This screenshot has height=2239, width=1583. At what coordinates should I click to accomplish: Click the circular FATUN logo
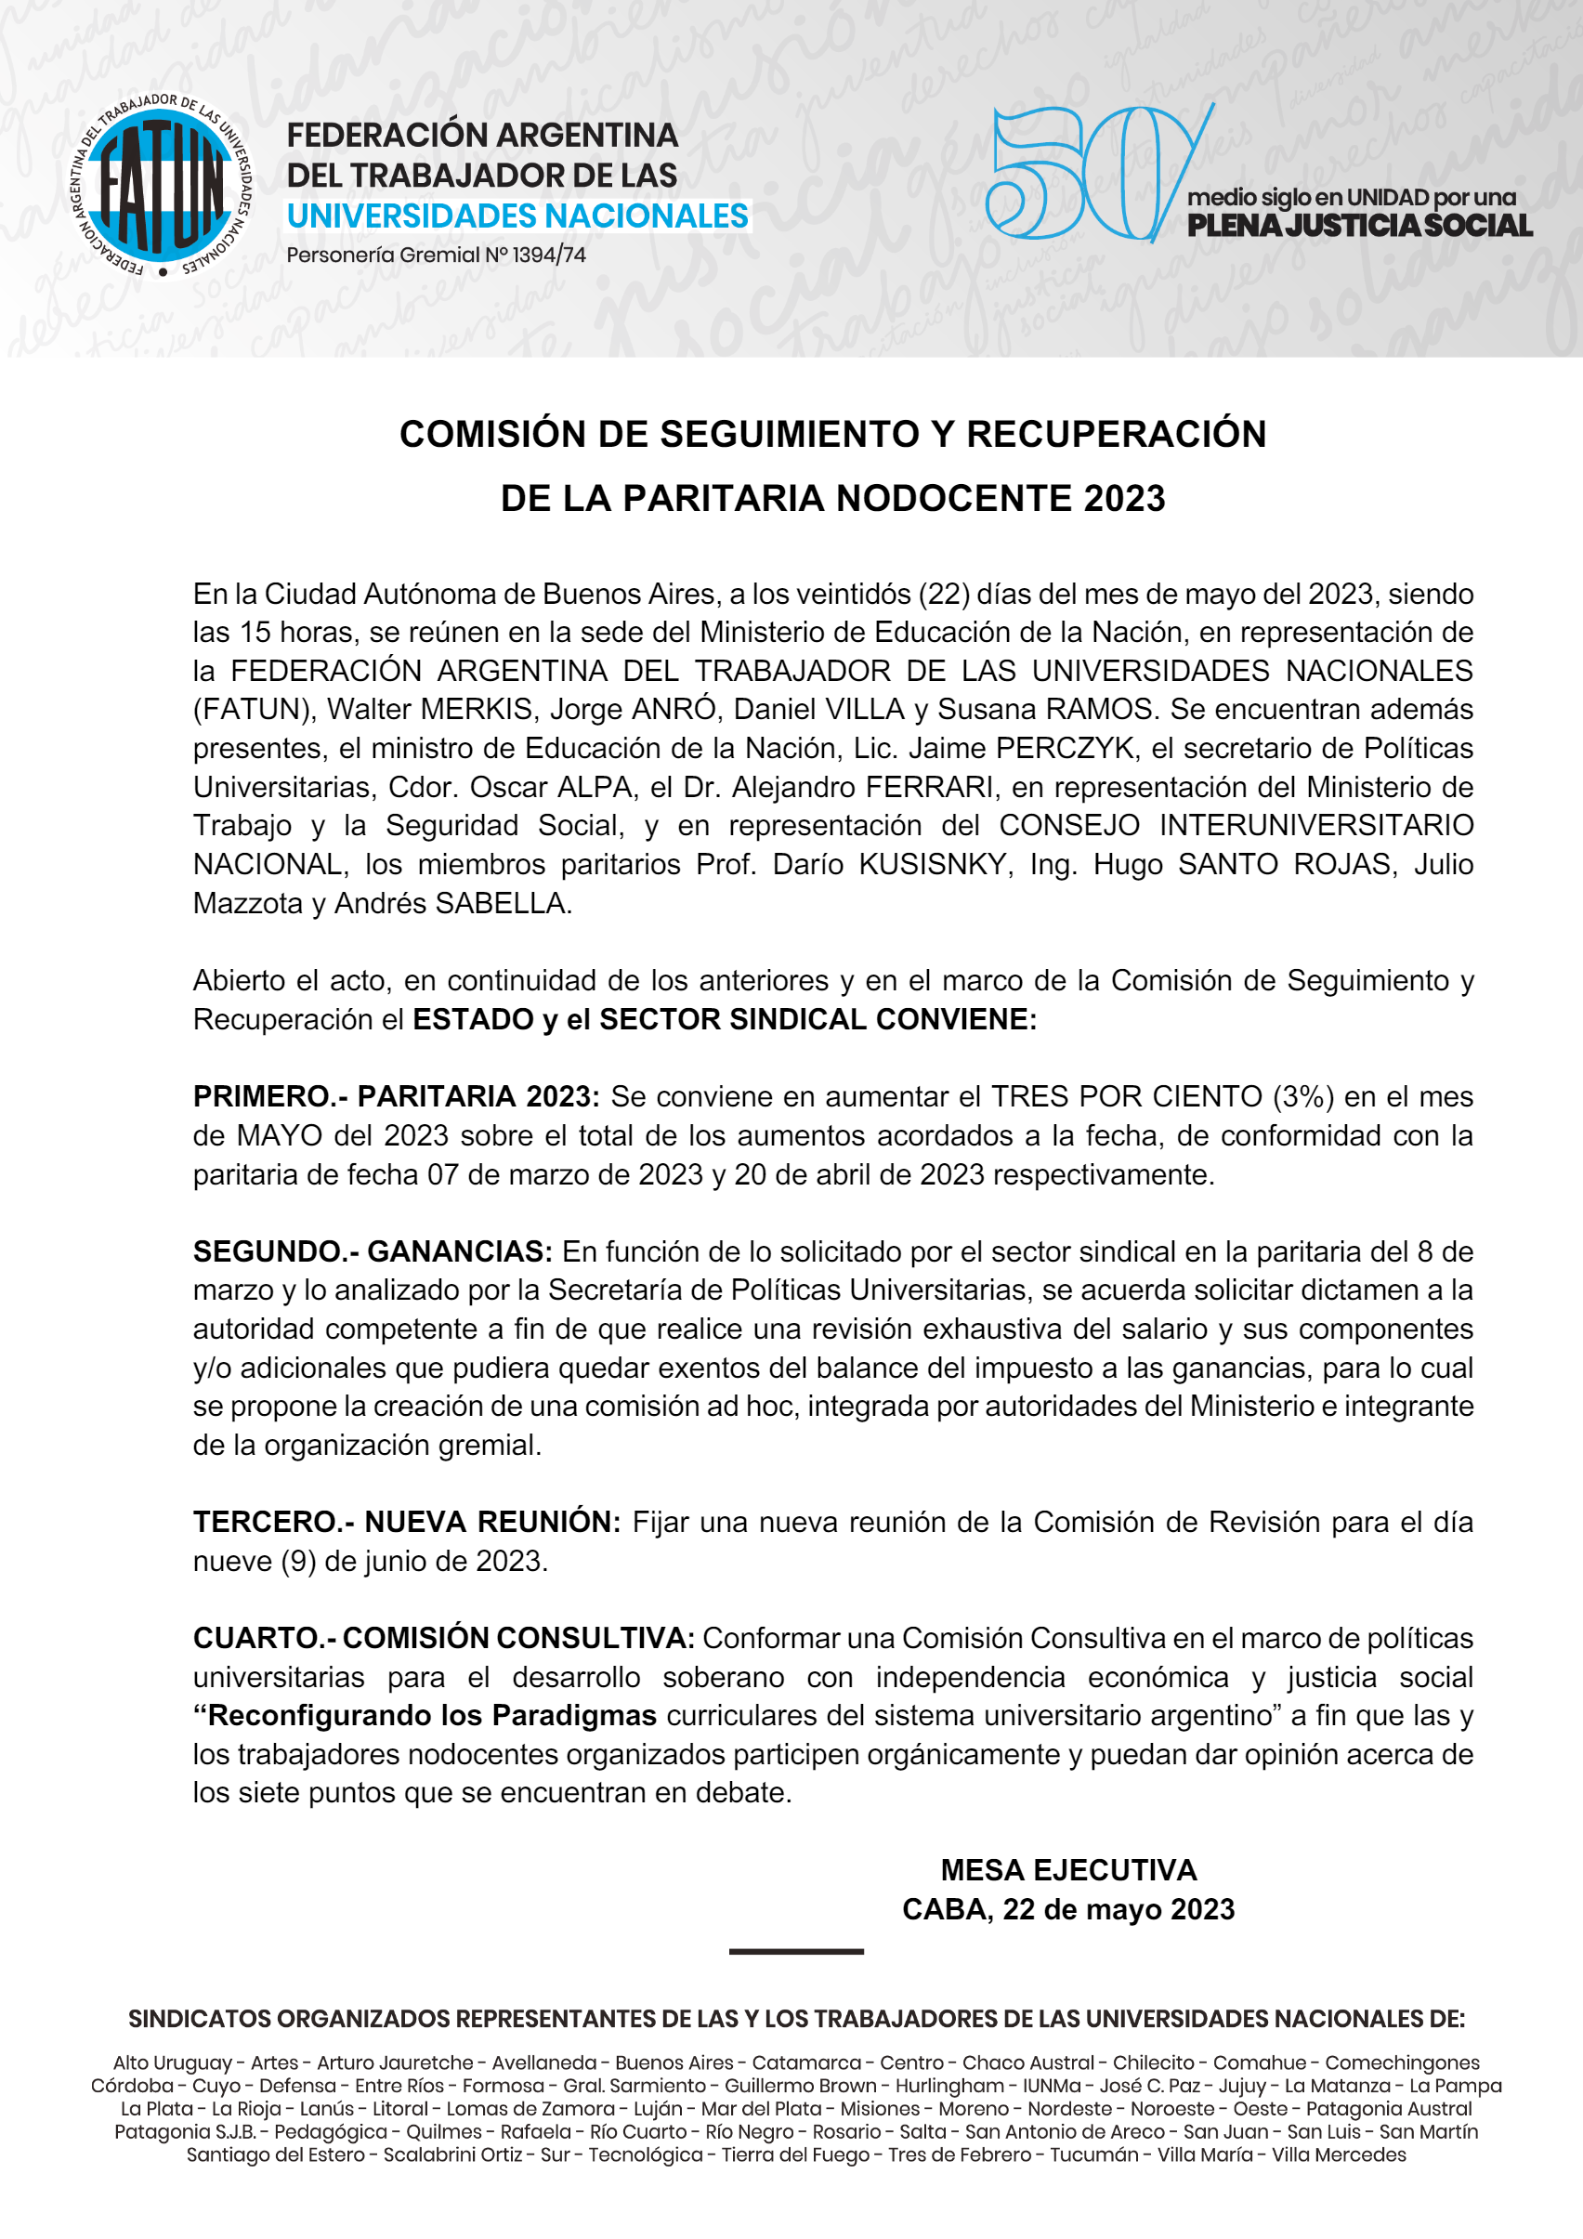tap(160, 184)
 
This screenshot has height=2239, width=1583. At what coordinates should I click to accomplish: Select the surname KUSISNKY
tap(934, 864)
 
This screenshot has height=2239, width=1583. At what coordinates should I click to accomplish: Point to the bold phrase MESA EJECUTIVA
tap(1068, 1869)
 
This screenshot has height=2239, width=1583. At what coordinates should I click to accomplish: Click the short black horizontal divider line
tap(796, 1951)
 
